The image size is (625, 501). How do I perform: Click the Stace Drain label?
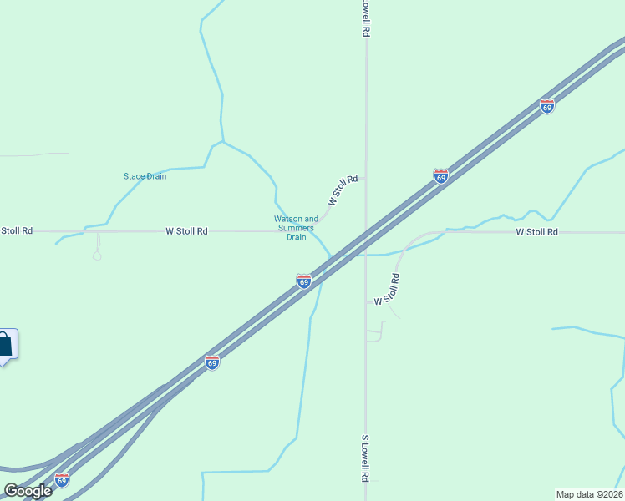coord(145,176)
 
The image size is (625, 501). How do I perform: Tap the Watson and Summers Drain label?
coord(296,228)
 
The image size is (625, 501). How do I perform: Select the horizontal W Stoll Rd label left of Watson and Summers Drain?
coord(186,231)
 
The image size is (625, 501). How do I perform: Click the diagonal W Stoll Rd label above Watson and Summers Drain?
coord(343,190)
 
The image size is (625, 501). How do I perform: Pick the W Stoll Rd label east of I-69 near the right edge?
coord(536,232)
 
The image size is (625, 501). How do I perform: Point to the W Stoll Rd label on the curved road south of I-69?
coord(388,289)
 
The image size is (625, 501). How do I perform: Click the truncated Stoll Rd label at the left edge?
coord(16,230)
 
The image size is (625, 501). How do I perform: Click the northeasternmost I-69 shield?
coord(547,107)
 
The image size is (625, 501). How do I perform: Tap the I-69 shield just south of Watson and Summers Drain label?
coord(304,281)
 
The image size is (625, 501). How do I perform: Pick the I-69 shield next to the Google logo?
coord(62,480)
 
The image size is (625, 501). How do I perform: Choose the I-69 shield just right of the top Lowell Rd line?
coord(441,176)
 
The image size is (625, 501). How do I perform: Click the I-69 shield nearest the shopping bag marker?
coord(212,362)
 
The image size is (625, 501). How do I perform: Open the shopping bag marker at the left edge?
coord(5,345)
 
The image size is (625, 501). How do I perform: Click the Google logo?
coord(27,491)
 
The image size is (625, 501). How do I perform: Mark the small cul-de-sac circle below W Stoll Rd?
coord(97,256)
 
